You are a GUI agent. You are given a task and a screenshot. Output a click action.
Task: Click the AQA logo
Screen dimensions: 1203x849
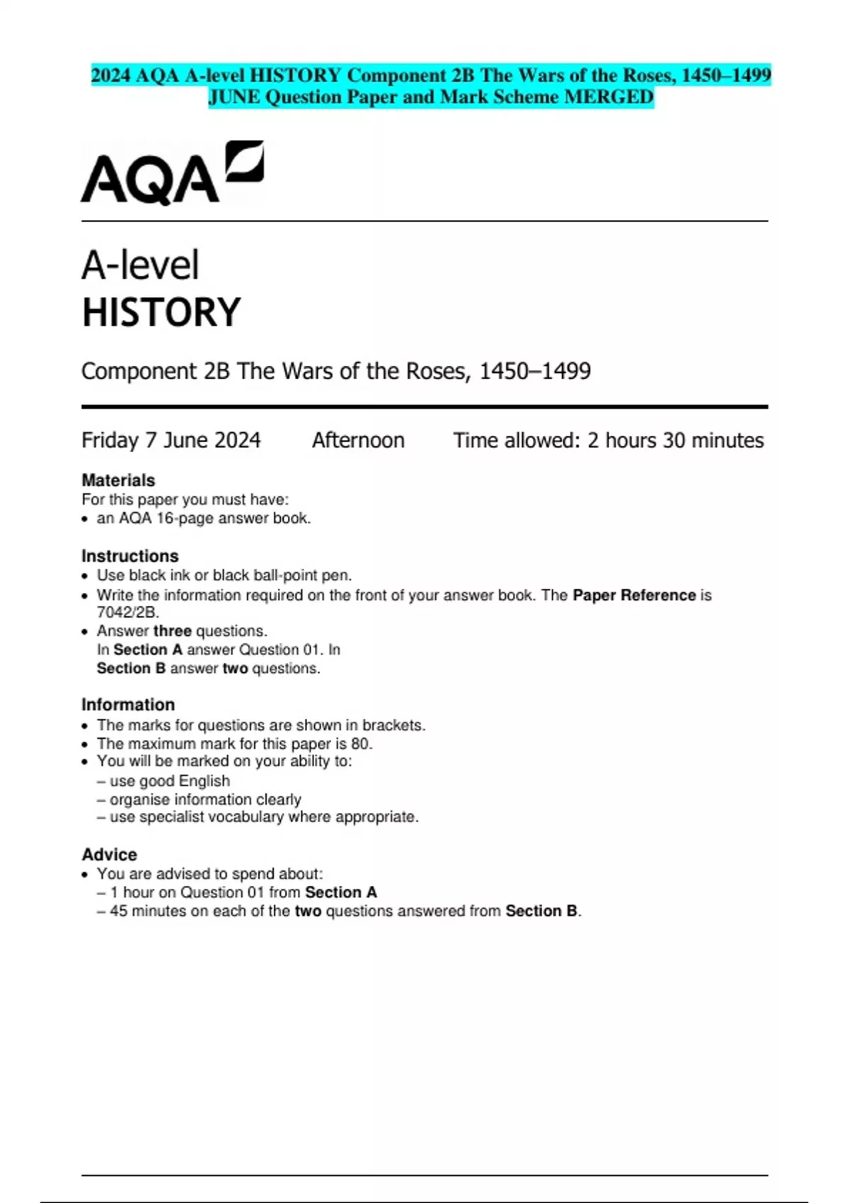[x=172, y=173]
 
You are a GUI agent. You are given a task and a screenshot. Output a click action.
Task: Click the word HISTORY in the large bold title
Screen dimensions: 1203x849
[x=161, y=313]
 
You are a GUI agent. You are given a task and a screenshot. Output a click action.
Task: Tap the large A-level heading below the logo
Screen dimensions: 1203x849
[x=140, y=265]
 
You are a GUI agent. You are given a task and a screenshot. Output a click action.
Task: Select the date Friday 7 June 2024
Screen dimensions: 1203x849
[x=171, y=440]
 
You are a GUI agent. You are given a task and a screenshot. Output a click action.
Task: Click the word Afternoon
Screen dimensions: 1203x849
[x=358, y=440]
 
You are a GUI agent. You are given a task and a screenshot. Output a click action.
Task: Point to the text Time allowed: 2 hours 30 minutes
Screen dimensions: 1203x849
[x=608, y=440]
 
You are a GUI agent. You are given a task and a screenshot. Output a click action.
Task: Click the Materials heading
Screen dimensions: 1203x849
[x=118, y=480]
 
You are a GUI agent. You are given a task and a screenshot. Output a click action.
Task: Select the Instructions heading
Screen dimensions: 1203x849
[x=130, y=556]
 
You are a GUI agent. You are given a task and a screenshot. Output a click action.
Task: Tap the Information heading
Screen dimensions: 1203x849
[x=128, y=705]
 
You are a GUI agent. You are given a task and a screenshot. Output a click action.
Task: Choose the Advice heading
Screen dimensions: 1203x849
[x=110, y=854]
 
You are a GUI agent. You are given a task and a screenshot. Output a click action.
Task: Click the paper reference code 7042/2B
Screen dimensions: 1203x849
[x=127, y=612]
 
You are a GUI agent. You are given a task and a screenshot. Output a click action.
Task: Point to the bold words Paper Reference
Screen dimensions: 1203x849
[x=634, y=595]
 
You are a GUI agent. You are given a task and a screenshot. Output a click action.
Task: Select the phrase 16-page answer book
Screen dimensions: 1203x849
[x=233, y=518]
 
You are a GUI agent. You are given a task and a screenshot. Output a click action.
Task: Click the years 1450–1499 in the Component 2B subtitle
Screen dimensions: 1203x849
[x=535, y=371]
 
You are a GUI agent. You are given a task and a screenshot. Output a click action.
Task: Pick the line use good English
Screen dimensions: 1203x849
[x=170, y=781]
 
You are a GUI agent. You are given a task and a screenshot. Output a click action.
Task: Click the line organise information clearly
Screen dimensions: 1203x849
[x=205, y=799]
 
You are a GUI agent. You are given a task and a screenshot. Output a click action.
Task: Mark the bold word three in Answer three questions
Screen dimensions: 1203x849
[x=173, y=631]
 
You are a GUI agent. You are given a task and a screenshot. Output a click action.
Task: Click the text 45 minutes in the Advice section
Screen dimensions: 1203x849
[x=148, y=911]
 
